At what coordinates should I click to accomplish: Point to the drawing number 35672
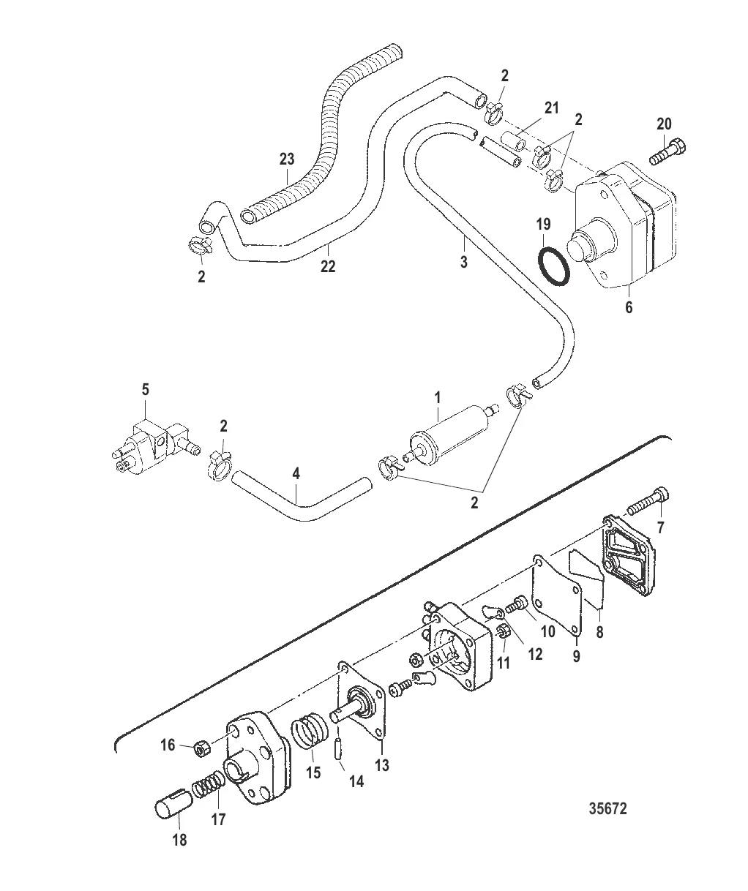[607, 809]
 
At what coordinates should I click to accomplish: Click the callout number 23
[288, 159]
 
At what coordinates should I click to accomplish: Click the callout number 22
[327, 266]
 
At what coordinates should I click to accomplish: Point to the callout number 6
[628, 307]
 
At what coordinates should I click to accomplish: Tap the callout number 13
[382, 766]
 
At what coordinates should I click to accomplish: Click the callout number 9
[576, 656]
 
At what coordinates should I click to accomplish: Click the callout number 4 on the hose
[296, 474]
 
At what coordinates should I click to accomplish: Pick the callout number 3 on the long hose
[464, 262]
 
